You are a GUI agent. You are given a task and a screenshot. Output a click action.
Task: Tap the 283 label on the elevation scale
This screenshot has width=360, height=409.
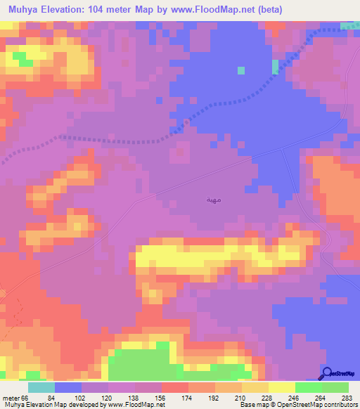346,398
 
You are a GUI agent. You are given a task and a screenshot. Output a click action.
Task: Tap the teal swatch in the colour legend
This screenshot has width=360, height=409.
41,387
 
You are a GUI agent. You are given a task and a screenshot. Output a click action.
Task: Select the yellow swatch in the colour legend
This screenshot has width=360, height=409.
282,387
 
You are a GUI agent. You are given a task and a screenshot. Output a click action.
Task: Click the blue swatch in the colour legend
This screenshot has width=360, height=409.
68,387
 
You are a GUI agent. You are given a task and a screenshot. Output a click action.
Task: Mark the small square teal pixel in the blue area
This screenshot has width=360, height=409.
241,70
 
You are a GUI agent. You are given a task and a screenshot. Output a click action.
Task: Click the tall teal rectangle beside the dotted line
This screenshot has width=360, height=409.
274,66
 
